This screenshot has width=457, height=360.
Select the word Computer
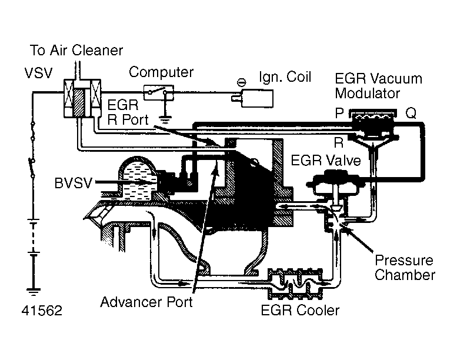pyautogui.click(x=161, y=72)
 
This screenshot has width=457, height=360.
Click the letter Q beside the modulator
pyautogui.click(x=411, y=114)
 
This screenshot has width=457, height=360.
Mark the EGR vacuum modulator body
pyautogui.click(x=370, y=125)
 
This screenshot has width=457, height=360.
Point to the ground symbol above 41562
pyautogui.click(x=34, y=290)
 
